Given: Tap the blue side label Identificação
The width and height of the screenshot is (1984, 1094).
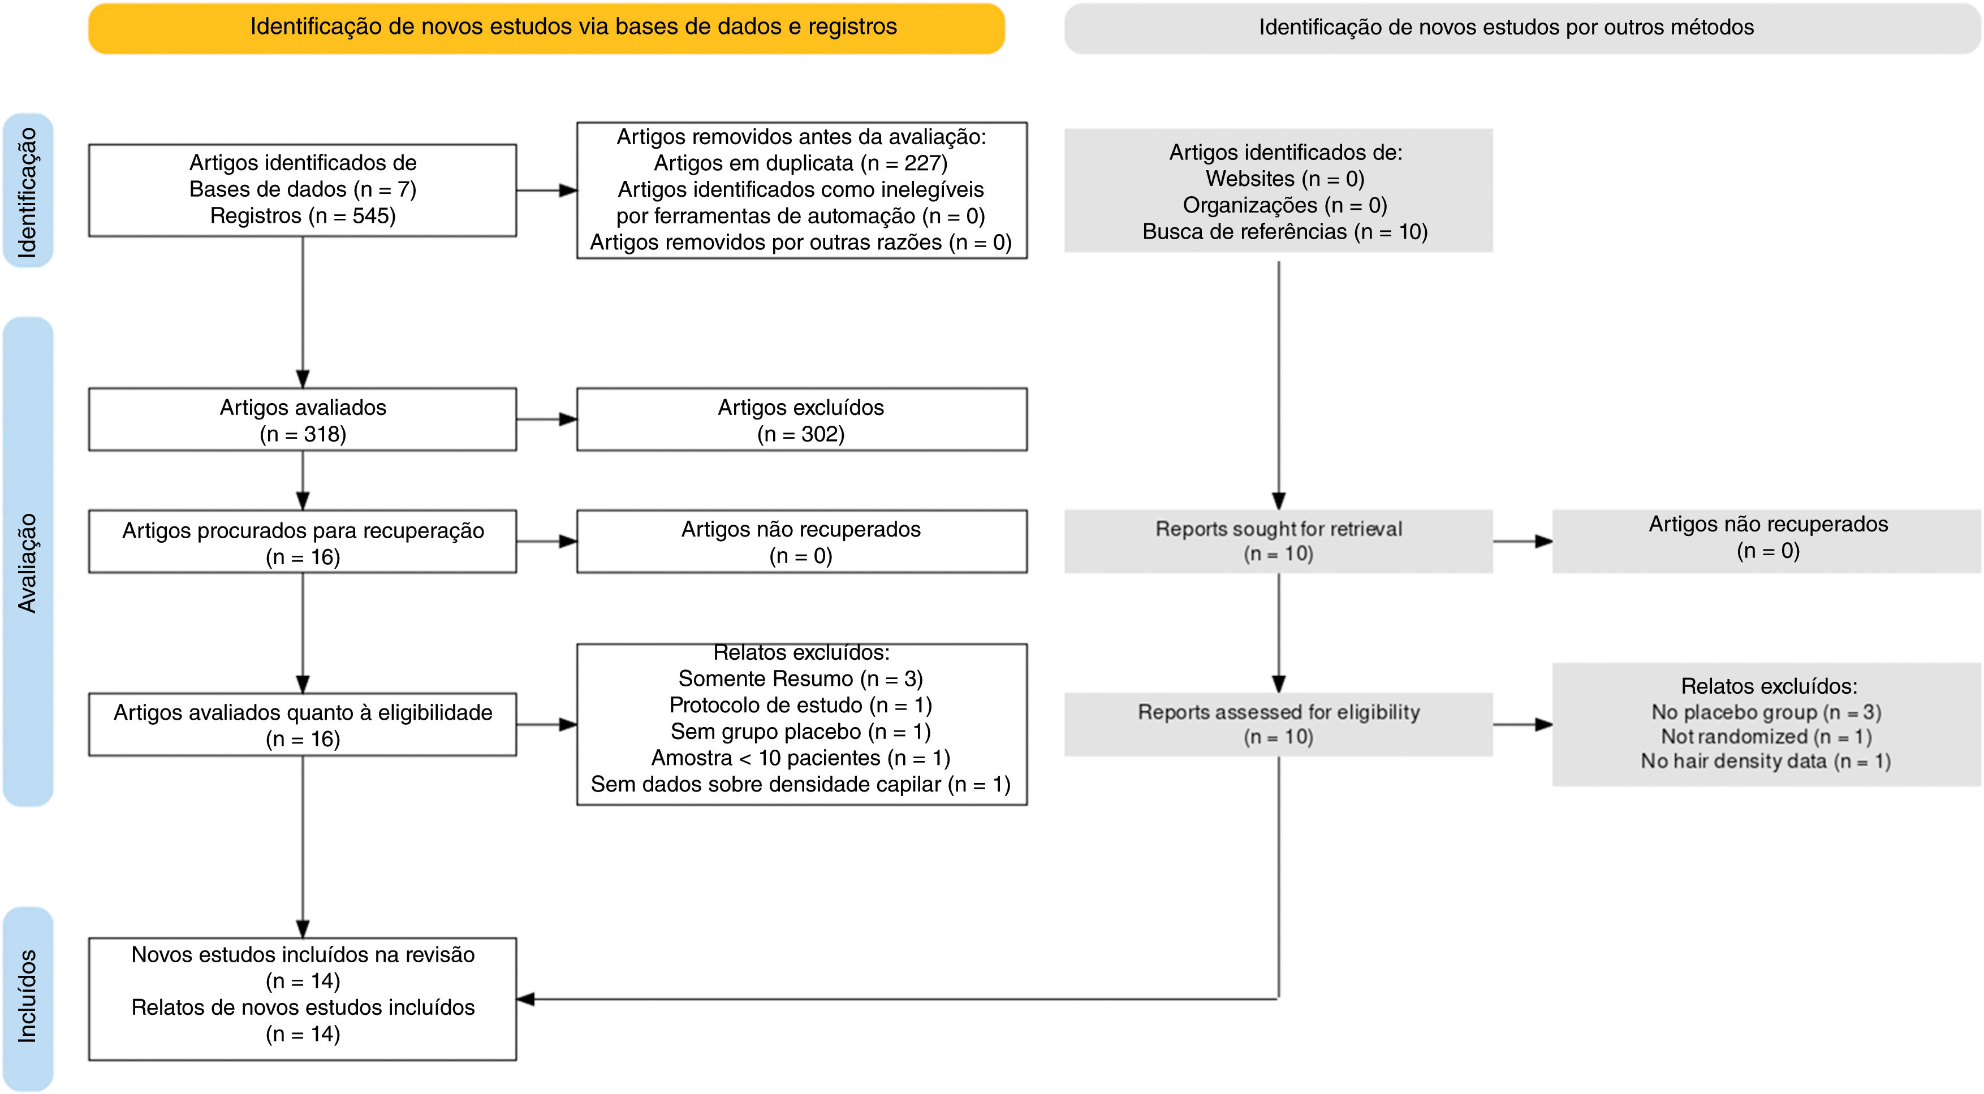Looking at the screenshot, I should [28, 191].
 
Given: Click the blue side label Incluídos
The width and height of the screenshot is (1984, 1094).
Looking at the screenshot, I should [28, 997].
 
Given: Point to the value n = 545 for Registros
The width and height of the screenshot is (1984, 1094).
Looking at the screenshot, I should [353, 215].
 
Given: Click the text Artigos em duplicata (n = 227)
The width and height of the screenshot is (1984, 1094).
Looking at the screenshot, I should [800, 163].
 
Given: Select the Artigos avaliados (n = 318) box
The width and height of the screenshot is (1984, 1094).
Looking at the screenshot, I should [302, 420].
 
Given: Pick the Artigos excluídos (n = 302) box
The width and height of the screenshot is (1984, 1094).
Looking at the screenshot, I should [801, 420].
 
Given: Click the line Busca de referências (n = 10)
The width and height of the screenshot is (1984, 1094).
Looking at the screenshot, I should [1284, 232].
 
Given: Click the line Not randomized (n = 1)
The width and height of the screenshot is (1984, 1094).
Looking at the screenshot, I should [1765, 737].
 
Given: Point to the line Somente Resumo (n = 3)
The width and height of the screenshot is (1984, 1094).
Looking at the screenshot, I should [800, 679].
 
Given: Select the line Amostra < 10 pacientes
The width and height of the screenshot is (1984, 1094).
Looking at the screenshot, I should [800, 758].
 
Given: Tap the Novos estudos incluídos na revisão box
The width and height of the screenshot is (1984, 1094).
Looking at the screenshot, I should [302, 998].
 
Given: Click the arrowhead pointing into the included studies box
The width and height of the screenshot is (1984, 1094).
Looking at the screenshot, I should [525, 1000].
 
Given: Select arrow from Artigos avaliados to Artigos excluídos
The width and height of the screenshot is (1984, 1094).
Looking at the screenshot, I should [546, 420].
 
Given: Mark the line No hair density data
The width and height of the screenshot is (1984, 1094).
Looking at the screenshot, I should [1765, 762].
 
